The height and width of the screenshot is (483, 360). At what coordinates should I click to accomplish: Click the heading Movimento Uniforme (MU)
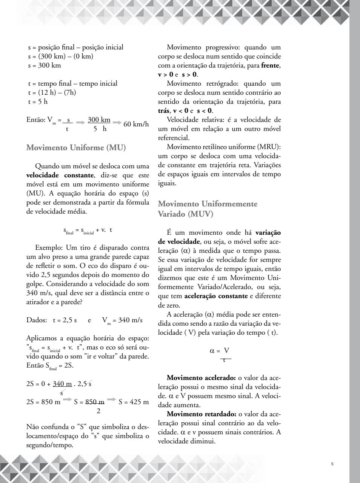(x=76, y=148)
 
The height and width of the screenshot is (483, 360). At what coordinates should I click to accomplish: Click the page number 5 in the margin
(x=332, y=463)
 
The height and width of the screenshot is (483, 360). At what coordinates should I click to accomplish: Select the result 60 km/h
(x=136, y=124)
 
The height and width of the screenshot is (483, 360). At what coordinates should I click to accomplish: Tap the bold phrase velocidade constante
(x=60, y=175)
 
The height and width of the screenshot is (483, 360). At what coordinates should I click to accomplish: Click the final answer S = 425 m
(x=134, y=402)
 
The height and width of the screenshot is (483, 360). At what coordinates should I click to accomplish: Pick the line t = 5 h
(x=38, y=102)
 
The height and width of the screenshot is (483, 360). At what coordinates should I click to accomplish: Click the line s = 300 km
(x=44, y=65)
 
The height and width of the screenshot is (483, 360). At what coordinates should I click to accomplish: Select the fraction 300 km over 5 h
(x=99, y=124)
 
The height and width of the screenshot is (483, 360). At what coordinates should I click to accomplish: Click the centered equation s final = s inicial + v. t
(x=88, y=230)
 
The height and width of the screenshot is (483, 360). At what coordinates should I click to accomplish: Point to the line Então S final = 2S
(x=50, y=366)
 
